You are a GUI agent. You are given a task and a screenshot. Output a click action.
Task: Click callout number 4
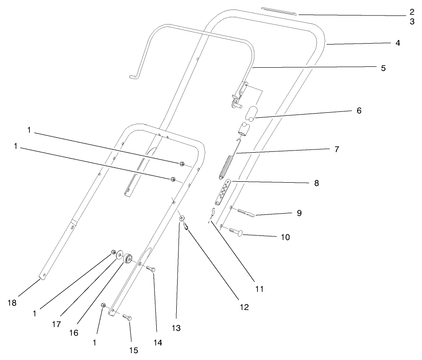397,43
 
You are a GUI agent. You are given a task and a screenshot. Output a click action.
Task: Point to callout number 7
336,149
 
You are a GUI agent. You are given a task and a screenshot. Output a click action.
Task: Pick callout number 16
73,333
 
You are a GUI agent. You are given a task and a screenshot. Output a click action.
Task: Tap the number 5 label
383,68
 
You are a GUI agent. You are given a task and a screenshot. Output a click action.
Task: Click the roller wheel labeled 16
127,258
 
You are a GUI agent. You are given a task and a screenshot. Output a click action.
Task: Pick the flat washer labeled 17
120,256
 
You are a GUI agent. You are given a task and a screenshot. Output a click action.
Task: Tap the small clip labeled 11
213,212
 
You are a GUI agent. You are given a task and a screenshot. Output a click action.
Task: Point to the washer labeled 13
181,219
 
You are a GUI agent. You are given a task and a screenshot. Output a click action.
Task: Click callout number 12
244,307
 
